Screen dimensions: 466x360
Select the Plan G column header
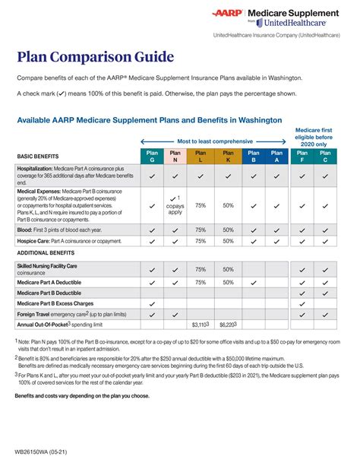coord(152,156)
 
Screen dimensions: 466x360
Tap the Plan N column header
coord(176,156)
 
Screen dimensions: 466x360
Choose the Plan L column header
coord(201,156)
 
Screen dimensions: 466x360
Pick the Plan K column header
coord(228,156)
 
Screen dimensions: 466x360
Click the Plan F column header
coord(302,156)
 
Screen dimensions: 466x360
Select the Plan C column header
coord(326,156)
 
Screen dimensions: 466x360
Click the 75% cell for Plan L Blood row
coord(201,230)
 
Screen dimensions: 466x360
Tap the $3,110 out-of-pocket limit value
coord(201,325)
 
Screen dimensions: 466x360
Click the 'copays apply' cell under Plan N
coord(176,204)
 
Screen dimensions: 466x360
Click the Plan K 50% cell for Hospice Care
coord(228,241)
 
